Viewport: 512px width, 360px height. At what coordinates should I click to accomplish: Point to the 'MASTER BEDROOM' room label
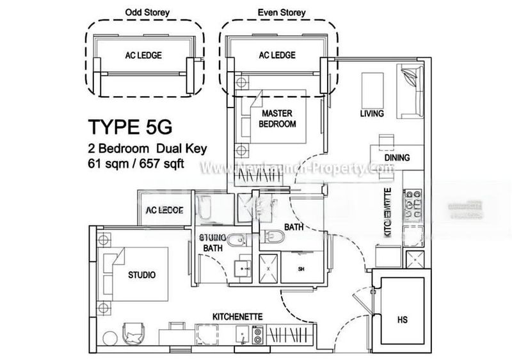277,119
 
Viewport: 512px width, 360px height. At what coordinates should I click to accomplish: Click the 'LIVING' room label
371,114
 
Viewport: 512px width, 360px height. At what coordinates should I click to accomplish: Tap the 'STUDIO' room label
142,275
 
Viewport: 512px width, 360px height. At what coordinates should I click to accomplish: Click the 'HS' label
402,319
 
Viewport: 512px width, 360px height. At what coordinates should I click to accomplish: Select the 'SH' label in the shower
301,269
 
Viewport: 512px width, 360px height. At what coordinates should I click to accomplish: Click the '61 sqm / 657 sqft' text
137,163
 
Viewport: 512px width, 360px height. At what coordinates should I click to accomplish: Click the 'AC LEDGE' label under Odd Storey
143,55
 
